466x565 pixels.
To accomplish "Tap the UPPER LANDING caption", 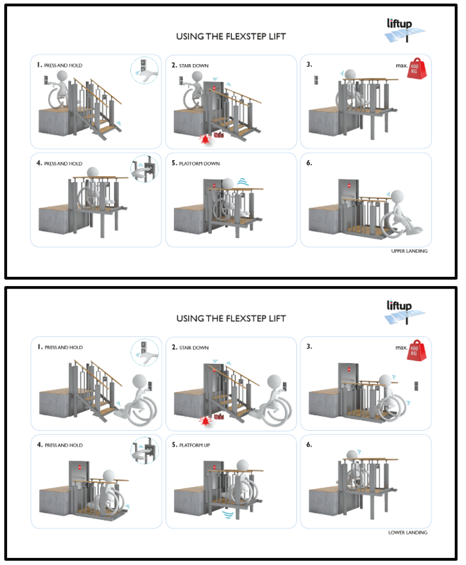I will (x=410, y=251).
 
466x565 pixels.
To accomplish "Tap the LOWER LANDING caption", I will (x=407, y=532).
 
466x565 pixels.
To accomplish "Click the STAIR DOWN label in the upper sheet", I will (x=194, y=65).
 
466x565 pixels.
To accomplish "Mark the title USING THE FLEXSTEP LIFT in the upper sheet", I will (x=231, y=36).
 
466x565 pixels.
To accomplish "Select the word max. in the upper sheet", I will (x=400, y=66).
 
